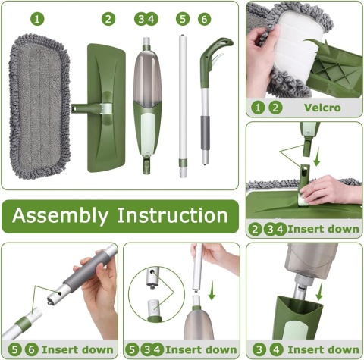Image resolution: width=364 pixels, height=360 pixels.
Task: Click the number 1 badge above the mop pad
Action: point(37,19)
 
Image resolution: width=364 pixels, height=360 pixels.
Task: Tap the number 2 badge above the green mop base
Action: point(108,19)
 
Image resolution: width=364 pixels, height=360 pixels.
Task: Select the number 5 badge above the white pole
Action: point(183,19)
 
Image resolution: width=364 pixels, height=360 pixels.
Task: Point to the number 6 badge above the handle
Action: point(204,19)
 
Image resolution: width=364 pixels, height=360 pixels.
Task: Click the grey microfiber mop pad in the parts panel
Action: point(39,107)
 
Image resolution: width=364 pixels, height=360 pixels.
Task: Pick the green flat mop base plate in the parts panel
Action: point(106,108)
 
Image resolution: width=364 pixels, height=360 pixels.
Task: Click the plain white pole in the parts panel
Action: point(183,106)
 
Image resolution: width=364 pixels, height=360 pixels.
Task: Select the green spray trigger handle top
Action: point(215,59)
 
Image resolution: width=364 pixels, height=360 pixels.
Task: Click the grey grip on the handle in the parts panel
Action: point(206,133)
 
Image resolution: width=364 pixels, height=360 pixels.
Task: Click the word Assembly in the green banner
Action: point(60,215)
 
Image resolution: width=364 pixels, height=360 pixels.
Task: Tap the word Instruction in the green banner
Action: point(173,215)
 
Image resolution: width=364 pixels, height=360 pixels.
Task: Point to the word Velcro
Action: point(322,108)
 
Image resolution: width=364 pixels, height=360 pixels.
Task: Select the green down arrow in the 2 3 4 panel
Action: point(316,157)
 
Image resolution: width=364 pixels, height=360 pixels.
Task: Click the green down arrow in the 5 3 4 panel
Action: point(212,290)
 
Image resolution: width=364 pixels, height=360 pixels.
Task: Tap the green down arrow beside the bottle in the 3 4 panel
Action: point(320,291)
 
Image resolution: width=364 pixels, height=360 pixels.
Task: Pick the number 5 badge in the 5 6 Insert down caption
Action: point(14,350)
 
